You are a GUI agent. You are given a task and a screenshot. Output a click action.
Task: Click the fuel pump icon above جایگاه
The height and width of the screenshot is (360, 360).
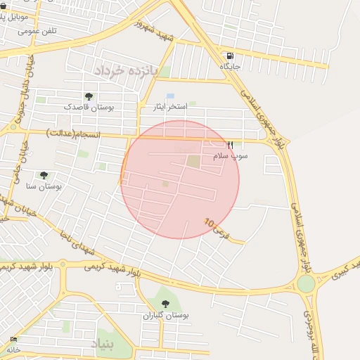coord(230,56)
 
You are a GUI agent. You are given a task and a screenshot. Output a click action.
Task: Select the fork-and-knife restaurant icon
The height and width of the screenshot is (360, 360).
coord(229,145)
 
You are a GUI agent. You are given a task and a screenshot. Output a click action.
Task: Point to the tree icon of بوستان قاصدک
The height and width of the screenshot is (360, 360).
coord(89,96)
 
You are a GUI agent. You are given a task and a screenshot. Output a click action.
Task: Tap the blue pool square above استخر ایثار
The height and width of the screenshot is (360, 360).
coord(170,96)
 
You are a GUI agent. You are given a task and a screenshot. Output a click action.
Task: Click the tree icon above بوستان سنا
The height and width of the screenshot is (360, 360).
coord(44,175)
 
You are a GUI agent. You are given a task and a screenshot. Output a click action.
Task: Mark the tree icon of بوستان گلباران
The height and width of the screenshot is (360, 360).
coord(165,304)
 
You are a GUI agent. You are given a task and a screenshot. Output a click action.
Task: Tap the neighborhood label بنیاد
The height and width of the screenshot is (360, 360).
coord(105,342)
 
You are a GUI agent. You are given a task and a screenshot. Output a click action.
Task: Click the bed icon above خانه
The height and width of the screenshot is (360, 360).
coord(13,340)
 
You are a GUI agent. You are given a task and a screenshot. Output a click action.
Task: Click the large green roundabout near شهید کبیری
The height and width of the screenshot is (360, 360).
coord(306,283)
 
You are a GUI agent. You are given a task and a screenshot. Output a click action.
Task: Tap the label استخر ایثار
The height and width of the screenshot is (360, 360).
coord(171,106)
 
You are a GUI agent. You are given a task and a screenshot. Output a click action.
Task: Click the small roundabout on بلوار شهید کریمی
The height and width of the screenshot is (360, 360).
coord(63,264)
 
